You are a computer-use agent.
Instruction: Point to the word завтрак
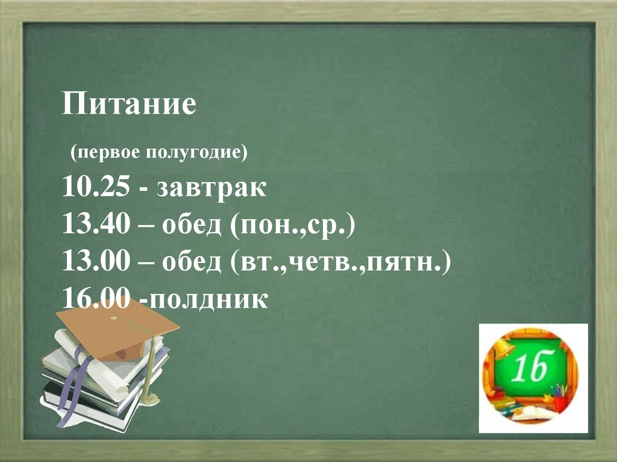(211, 189)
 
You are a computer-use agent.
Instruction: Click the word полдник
(208, 299)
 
